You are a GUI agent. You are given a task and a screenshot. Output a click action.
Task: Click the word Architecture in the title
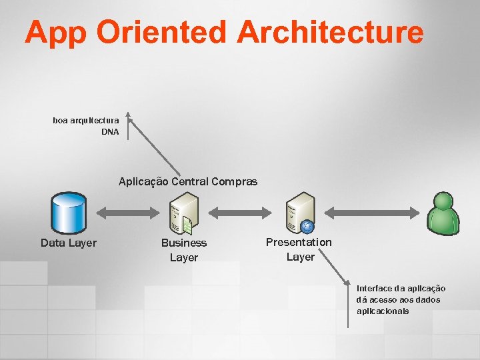(329, 32)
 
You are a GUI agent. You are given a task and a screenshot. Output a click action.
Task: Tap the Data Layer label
(69, 243)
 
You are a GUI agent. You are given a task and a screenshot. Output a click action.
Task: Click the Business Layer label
(184, 250)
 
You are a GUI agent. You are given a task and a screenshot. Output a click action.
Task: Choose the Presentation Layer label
(299, 249)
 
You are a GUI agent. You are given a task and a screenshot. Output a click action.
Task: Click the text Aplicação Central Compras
(188, 181)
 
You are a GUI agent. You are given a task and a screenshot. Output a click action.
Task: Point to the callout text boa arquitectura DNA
(87, 126)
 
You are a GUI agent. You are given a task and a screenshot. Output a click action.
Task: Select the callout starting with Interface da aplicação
(401, 299)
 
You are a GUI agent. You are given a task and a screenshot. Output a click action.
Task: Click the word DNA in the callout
(110, 132)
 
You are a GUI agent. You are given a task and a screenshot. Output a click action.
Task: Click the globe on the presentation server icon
(307, 225)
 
